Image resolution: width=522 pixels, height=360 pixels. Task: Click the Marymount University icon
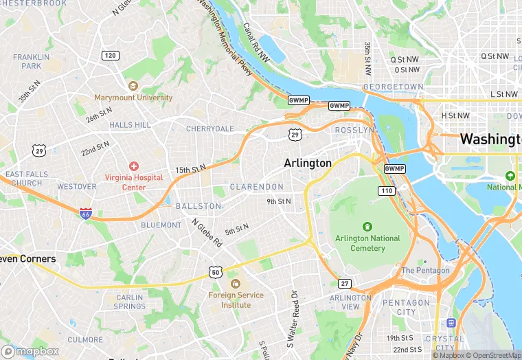pyautogui.click(x=133, y=86)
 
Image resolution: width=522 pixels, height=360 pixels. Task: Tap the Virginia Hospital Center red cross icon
pyautogui.click(x=133, y=166)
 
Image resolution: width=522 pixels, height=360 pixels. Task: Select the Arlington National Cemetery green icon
pyautogui.click(x=367, y=227)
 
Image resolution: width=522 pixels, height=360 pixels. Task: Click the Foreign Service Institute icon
pyautogui.click(x=236, y=284)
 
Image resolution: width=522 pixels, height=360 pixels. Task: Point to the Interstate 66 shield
pyautogui.click(x=86, y=214)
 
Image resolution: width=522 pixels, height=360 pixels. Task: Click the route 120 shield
pyautogui.click(x=109, y=55)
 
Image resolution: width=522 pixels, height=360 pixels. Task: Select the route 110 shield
pyautogui.click(x=386, y=190)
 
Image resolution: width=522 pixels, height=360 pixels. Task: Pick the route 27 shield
pyautogui.click(x=345, y=283)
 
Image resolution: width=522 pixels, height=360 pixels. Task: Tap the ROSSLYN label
pyautogui.click(x=354, y=130)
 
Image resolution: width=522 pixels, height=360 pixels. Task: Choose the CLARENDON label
pyautogui.click(x=256, y=187)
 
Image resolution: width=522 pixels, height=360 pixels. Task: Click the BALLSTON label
pyautogui.click(x=198, y=206)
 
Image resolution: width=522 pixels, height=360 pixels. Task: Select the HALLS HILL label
pyautogui.click(x=130, y=124)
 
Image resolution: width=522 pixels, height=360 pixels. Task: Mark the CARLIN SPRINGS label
pyautogui.click(x=130, y=302)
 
